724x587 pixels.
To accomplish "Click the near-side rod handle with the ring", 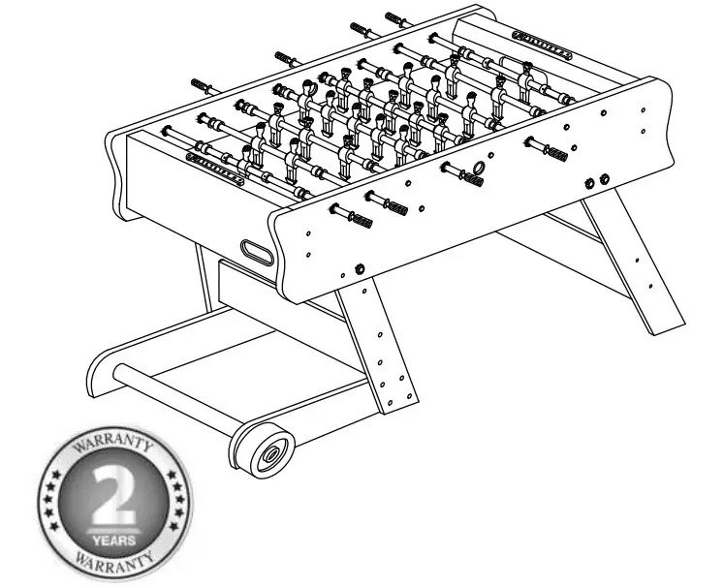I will (473, 176).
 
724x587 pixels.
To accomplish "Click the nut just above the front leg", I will (360, 267).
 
